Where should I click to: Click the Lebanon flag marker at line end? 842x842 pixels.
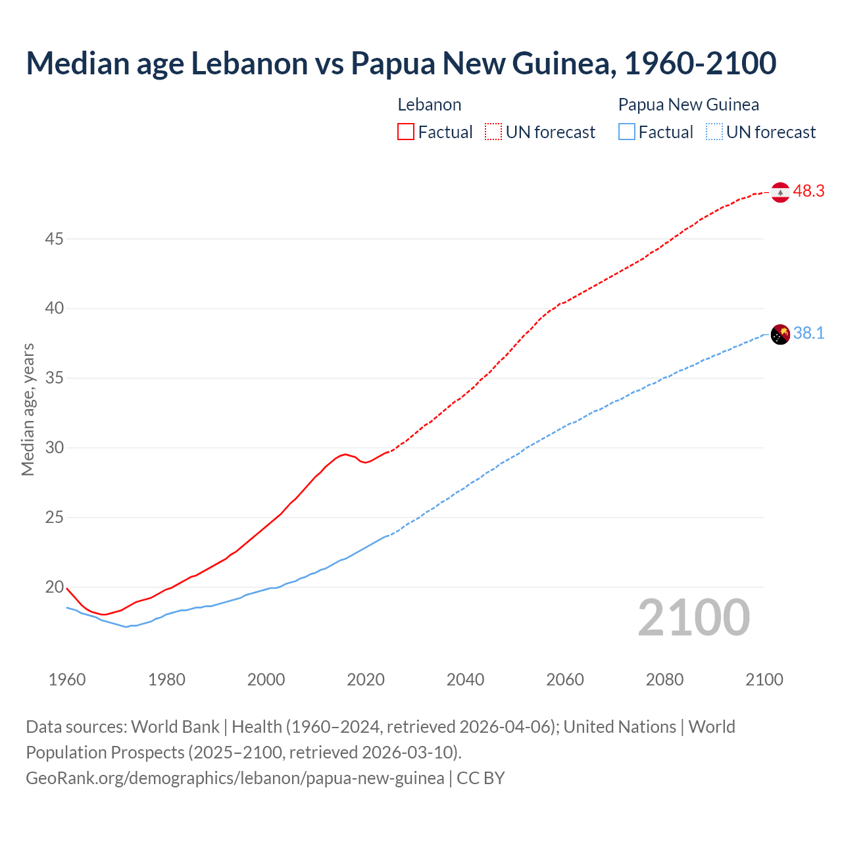(x=780, y=192)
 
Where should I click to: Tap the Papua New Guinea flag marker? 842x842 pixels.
(x=780, y=334)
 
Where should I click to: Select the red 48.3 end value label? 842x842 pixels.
(x=808, y=191)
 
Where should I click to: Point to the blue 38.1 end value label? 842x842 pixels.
(x=808, y=334)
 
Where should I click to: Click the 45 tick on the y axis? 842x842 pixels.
(x=54, y=239)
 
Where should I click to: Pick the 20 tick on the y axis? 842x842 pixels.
(x=54, y=587)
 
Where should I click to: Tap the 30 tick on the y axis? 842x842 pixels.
(x=54, y=448)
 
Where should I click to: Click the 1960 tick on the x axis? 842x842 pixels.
(x=67, y=680)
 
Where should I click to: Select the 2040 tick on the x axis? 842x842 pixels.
(x=465, y=680)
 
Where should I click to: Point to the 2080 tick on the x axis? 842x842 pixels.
(x=664, y=680)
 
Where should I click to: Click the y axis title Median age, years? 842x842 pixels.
(x=28, y=409)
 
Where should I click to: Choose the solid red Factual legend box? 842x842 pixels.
(x=406, y=132)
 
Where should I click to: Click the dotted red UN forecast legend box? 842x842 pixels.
(x=493, y=132)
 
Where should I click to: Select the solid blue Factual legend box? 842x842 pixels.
(x=627, y=132)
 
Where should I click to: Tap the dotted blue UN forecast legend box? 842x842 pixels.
(x=714, y=132)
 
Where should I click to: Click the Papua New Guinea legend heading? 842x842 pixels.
(x=688, y=105)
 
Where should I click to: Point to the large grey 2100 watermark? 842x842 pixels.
(x=693, y=618)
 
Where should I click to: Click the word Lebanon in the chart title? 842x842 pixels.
(x=249, y=63)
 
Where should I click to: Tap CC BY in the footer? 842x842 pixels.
(x=481, y=778)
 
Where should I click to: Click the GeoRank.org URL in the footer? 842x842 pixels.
(x=235, y=778)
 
